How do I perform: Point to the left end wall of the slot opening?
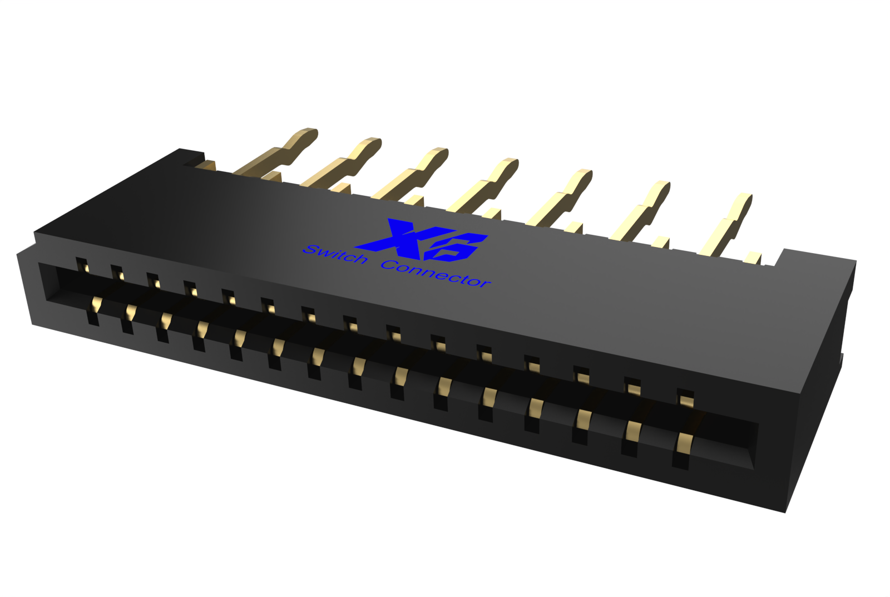[47, 284]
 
